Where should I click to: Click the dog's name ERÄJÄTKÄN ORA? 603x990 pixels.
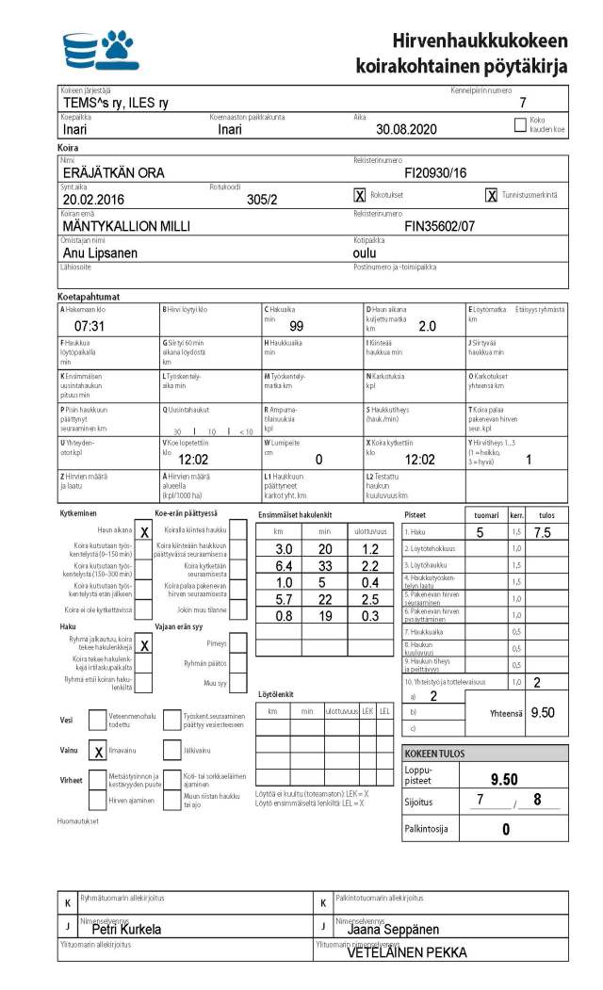113,172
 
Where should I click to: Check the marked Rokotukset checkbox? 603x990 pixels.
359,195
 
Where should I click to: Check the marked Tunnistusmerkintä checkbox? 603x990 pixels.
491,195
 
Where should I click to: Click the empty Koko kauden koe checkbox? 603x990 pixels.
520,123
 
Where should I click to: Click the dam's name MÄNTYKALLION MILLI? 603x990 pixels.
125,226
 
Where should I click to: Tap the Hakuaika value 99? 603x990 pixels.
296,326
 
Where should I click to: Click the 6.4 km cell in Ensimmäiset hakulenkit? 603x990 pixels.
283,565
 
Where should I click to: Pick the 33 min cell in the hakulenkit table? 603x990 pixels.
326,565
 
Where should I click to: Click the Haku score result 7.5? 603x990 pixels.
543,532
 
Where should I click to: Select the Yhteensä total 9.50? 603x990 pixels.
543,712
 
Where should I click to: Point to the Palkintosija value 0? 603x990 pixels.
505,829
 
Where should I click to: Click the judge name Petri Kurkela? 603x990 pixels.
126,929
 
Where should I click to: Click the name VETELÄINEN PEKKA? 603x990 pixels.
407,952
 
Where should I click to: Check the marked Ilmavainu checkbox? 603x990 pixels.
98,751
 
